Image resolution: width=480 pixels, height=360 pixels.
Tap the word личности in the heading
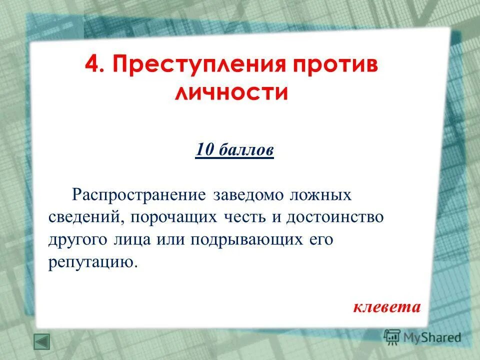[231, 93]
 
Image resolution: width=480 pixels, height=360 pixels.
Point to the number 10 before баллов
[205, 149]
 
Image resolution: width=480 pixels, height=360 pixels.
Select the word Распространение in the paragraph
[139, 194]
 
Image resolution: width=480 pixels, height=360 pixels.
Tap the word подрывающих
[240, 240]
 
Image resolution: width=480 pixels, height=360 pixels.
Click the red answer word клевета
[387, 306]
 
